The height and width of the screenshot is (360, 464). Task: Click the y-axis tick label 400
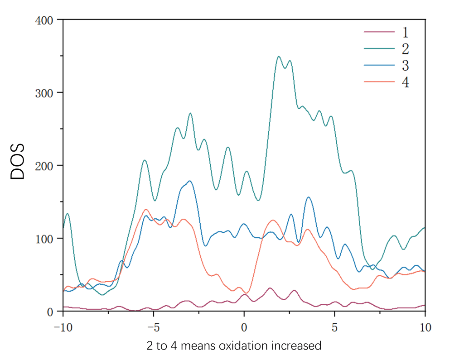[45, 21]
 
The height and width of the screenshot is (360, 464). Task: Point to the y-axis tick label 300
[45, 93]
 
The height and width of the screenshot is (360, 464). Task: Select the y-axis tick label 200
[45, 166]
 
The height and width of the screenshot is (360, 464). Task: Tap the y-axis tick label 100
[45, 239]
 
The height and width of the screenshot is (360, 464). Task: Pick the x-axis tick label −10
[63, 326]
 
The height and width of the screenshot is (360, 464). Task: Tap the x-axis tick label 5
[335, 326]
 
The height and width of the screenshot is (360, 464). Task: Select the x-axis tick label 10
[425, 326]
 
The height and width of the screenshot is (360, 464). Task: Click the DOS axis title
[17, 162]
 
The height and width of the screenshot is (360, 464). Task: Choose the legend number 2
[405, 48]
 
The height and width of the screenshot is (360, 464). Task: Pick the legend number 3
[405, 66]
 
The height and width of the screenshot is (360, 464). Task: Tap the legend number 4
[405, 83]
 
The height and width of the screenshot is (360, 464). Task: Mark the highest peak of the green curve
[279, 57]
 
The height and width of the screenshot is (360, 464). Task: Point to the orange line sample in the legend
[379, 82]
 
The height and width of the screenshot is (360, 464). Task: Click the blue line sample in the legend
[379, 66]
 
